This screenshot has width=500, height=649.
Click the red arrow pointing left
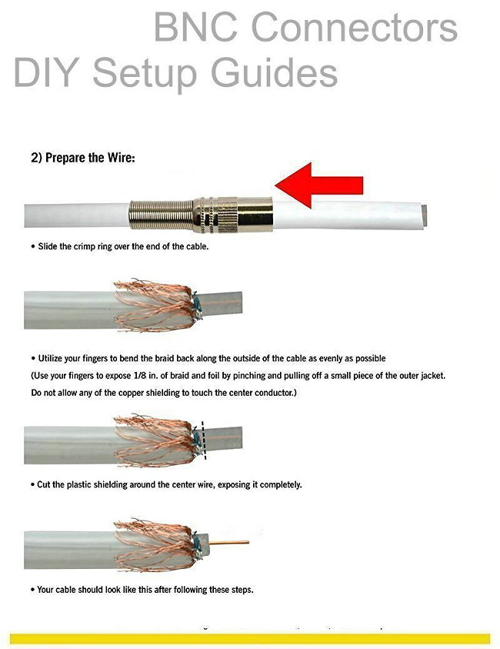pyautogui.click(x=318, y=186)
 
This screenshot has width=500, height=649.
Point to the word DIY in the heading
pyautogui.click(x=46, y=72)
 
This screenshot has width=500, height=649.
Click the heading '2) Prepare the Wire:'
pyautogui.click(x=83, y=158)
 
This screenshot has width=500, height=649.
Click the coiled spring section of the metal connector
pyautogui.click(x=161, y=216)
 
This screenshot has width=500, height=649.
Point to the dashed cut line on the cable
pyautogui.click(x=203, y=440)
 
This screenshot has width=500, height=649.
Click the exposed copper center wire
pyautogui.click(x=229, y=542)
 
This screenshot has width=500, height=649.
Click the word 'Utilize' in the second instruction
pyautogui.click(x=51, y=359)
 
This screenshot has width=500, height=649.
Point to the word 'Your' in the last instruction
pyautogui.click(x=45, y=590)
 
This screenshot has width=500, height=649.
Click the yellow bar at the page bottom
pyautogui.click(x=250, y=638)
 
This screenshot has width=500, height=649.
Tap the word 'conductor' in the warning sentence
pyautogui.click(x=273, y=393)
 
